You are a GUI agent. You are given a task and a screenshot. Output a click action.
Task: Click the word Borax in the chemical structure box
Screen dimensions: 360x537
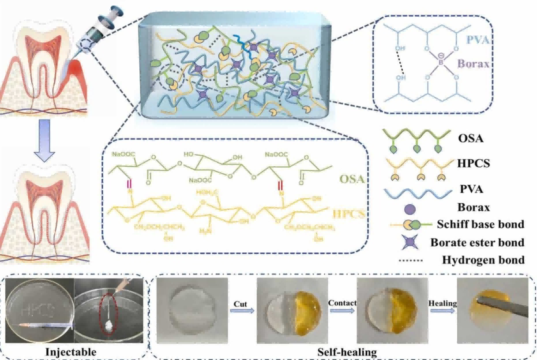pos(473,64)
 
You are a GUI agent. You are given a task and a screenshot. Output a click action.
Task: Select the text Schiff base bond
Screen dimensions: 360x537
pos(480,224)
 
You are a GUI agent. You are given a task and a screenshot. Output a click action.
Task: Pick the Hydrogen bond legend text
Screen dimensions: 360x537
pos(483,260)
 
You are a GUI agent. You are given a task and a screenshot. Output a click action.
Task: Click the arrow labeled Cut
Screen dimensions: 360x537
pos(242,310)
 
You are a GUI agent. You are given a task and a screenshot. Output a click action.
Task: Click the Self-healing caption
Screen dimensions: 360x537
pos(347,352)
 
